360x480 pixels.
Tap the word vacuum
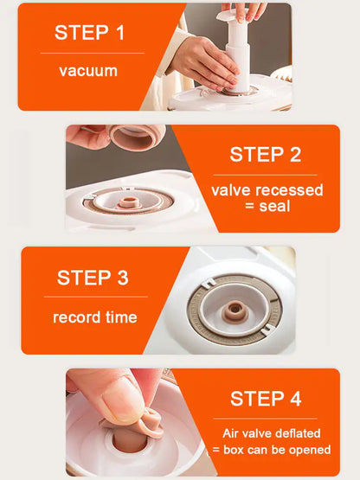(x=88, y=71)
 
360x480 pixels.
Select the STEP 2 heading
(x=265, y=155)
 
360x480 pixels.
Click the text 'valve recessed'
(x=267, y=190)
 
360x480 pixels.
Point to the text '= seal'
(x=267, y=208)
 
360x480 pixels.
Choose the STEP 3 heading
(x=93, y=278)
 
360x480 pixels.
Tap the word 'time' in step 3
(x=120, y=317)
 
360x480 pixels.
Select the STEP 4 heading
(x=266, y=399)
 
